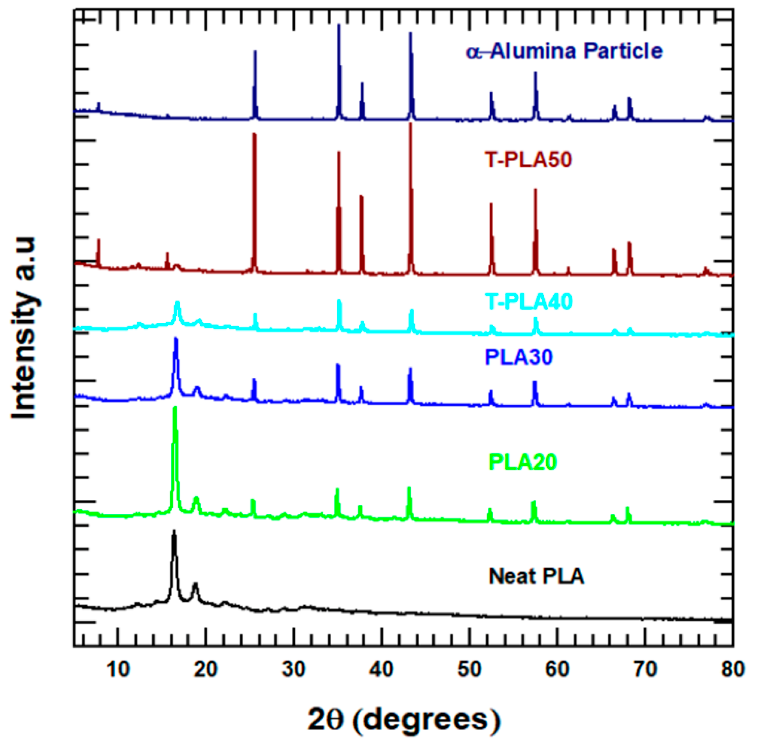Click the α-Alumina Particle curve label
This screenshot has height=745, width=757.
(564, 52)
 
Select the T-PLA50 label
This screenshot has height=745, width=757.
(528, 160)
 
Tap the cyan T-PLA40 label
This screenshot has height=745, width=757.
(529, 302)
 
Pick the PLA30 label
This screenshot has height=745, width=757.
(519, 357)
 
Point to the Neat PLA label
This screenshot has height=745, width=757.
(536, 576)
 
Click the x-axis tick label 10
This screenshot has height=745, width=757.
(118, 670)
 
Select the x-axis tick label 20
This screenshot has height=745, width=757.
(206, 670)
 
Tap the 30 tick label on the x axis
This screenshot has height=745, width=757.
(293, 670)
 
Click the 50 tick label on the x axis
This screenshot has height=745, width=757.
(469, 670)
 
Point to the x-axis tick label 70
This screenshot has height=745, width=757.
(645, 670)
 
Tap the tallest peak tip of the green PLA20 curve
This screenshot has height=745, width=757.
(175, 408)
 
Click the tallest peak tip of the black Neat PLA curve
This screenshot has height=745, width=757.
(174, 531)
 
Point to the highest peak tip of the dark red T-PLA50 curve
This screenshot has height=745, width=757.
(410, 123)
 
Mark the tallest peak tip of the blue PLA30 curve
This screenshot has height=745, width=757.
(176, 339)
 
